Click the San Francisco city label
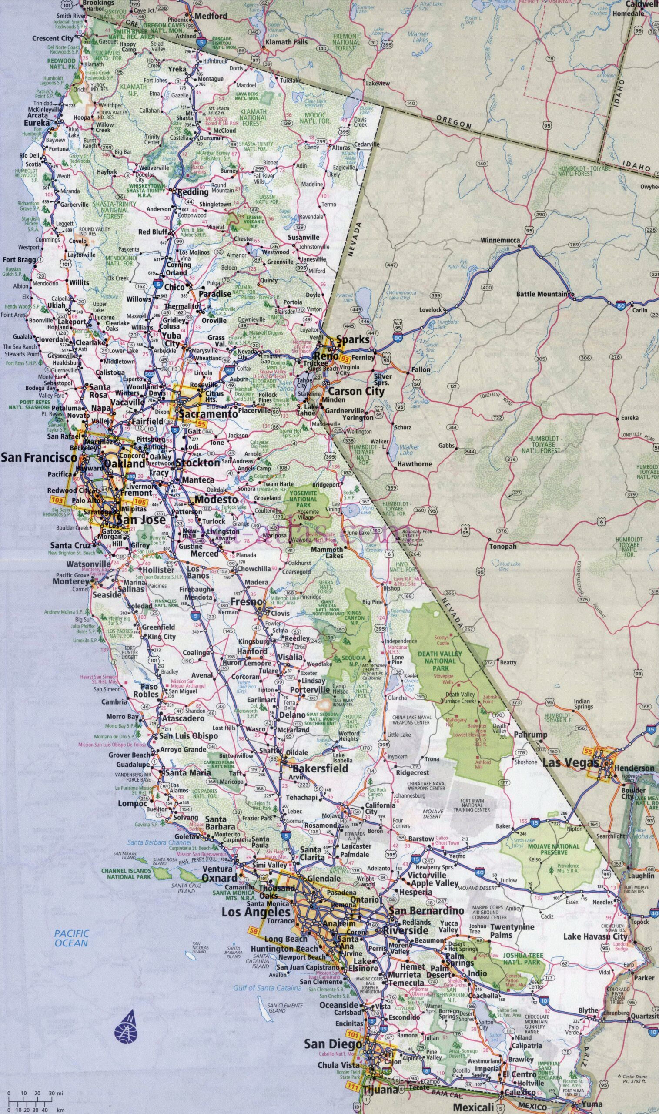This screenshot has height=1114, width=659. pyautogui.click(x=39, y=457)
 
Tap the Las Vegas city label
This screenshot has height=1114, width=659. pyautogui.click(x=571, y=763)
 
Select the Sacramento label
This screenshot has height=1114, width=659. pyautogui.click(x=208, y=413)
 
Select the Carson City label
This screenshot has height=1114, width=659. pyautogui.click(x=356, y=391)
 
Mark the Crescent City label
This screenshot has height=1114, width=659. pyautogui.click(x=52, y=39)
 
